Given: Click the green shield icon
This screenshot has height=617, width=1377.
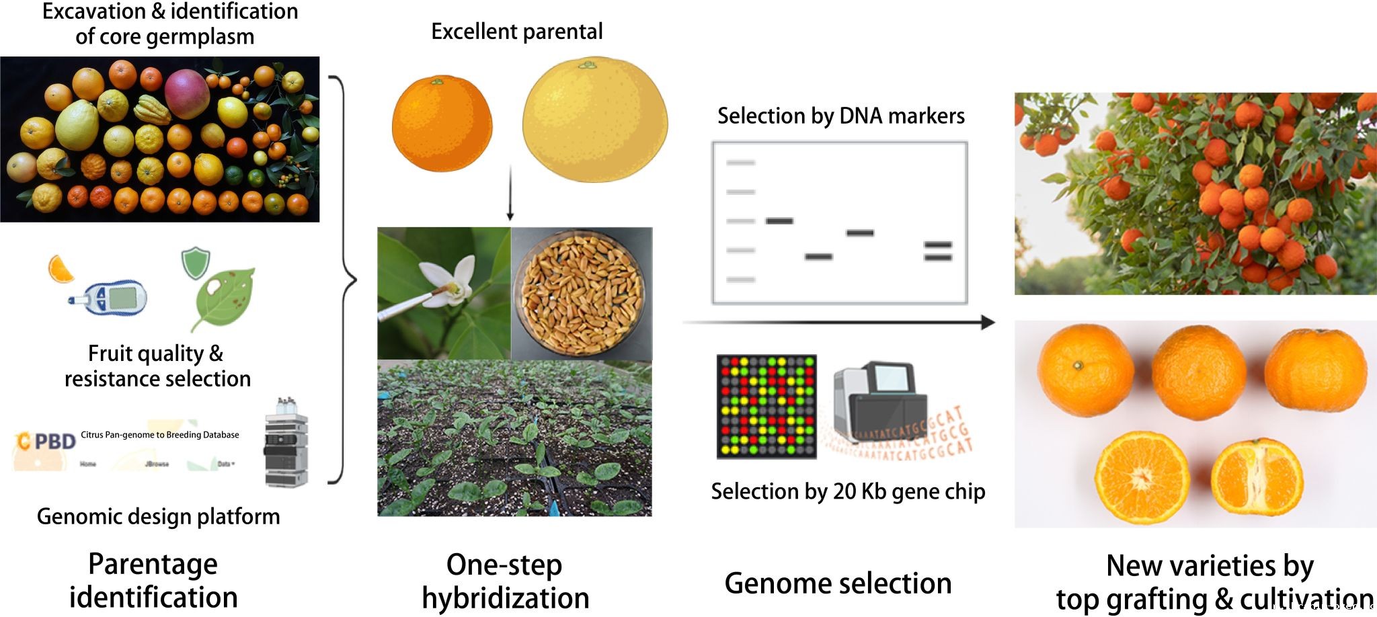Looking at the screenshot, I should pos(196,263).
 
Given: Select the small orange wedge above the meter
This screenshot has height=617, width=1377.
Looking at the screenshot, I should pos(61,268).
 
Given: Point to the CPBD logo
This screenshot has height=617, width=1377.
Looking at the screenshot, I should pos(46,442).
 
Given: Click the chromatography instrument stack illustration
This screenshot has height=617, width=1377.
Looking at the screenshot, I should pos(286,444).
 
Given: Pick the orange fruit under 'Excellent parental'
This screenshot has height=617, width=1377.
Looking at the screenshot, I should pos(442,124).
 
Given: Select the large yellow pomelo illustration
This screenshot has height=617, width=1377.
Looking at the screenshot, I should pos(595,120).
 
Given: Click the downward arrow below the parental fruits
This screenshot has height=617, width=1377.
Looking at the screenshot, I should pos(510,195).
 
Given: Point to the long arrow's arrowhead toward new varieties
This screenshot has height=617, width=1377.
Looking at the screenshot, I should pos(988,323).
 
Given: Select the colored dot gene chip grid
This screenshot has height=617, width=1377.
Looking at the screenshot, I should pos(766,407).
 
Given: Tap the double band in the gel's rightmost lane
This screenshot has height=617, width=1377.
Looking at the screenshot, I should pos(938,251).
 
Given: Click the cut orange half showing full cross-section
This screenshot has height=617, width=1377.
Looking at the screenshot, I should pos(1140,478).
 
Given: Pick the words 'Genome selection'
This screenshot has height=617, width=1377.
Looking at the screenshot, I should pos(838,583).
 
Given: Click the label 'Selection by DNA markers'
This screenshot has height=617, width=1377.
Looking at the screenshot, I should pos(840,116).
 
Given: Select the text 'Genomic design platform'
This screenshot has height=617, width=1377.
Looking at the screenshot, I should pos(158,516).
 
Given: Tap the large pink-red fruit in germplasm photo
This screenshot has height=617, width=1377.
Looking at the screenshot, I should pos(186,93).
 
